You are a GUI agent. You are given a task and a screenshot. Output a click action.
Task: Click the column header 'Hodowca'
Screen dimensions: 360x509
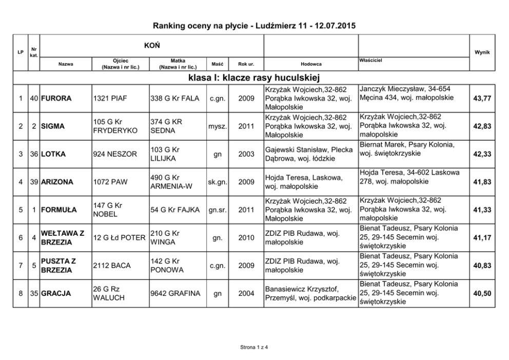point(311,64)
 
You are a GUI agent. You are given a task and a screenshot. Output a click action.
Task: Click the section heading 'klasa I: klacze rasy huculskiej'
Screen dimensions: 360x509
point(254,78)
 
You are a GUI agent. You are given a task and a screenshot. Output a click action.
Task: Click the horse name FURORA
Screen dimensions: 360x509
point(57,98)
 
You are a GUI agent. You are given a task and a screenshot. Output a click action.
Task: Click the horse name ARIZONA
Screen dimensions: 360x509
point(58,182)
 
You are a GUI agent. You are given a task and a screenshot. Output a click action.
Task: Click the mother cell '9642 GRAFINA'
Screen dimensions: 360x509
point(174,294)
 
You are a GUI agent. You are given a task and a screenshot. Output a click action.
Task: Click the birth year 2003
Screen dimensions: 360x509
point(247,154)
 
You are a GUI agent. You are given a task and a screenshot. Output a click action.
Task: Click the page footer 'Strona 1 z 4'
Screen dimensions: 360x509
point(254,348)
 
